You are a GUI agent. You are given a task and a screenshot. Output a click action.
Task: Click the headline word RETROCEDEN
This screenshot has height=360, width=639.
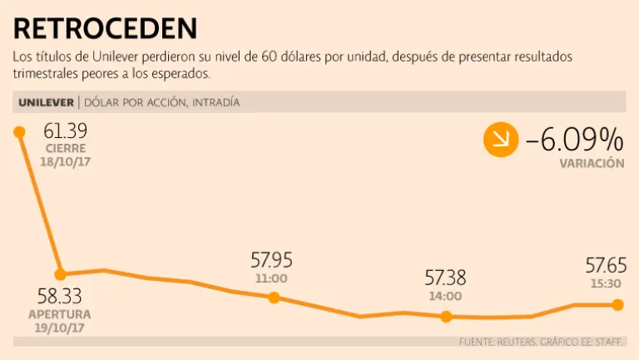[106, 28]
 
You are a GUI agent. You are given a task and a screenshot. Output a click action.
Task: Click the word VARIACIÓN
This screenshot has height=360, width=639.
[592, 164]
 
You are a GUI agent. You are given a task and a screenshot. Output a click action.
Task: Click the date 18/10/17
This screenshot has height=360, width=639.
[65, 161]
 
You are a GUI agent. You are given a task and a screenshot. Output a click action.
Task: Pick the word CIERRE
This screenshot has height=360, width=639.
[65, 148]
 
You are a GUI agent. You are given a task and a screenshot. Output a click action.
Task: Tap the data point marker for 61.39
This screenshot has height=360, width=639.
[18, 131]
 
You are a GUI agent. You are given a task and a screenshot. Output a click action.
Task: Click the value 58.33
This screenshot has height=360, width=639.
[59, 297]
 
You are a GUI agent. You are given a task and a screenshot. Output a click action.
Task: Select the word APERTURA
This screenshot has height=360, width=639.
[60, 314]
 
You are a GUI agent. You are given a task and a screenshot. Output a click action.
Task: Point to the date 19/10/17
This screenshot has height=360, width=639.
[60, 328]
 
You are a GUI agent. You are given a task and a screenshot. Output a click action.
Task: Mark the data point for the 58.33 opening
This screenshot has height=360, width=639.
[60, 274]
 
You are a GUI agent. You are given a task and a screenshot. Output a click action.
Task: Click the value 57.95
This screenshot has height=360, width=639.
[271, 260]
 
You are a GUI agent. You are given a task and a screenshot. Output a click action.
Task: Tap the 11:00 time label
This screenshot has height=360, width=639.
[271, 279]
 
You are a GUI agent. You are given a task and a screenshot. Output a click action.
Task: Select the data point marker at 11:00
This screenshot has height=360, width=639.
[276, 297]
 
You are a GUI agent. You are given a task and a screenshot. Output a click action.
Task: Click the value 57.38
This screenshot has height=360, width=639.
[445, 279]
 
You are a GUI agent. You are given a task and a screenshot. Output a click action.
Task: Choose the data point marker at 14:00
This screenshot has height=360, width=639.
[446, 316]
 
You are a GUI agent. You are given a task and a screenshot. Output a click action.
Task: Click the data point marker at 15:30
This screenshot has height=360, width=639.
[617, 305]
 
